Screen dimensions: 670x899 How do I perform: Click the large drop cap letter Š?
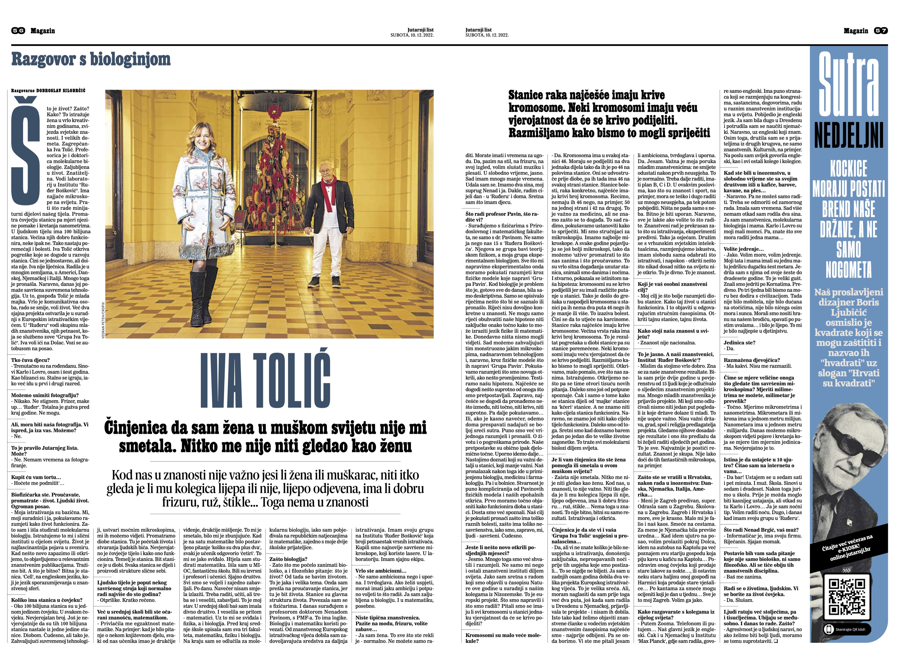pos(26,156)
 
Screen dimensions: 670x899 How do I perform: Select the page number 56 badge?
pos(18,31)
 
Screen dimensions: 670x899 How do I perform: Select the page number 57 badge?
pos(880,31)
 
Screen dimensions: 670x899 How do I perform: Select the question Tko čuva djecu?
pos(31,360)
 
